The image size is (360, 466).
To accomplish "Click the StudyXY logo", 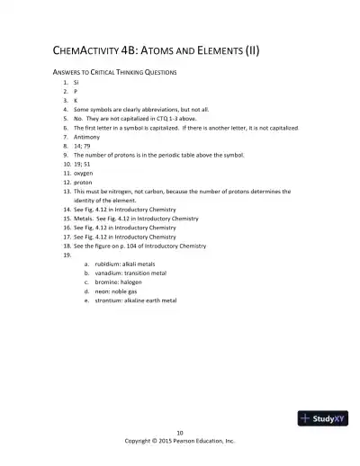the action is (x=322, y=417).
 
